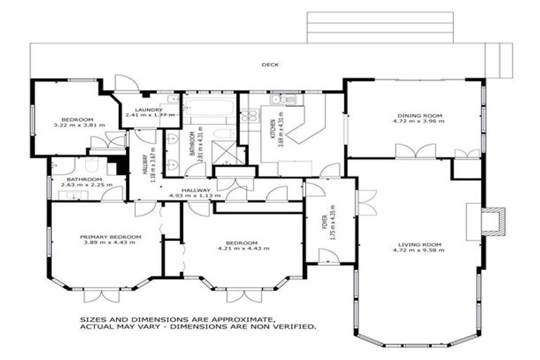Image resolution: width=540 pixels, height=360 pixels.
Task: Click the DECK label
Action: pyautogui.click(x=271, y=65)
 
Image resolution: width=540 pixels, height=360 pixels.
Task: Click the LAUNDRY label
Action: pyautogui.click(x=150, y=110)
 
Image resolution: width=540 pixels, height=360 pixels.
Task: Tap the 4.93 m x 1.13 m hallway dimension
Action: pyautogui.click(x=195, y=196)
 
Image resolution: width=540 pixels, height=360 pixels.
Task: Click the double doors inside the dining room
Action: pyautogui.click(x=415, y=151)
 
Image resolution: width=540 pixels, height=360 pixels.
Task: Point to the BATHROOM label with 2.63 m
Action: pyautogui.click(x=85, y=179)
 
